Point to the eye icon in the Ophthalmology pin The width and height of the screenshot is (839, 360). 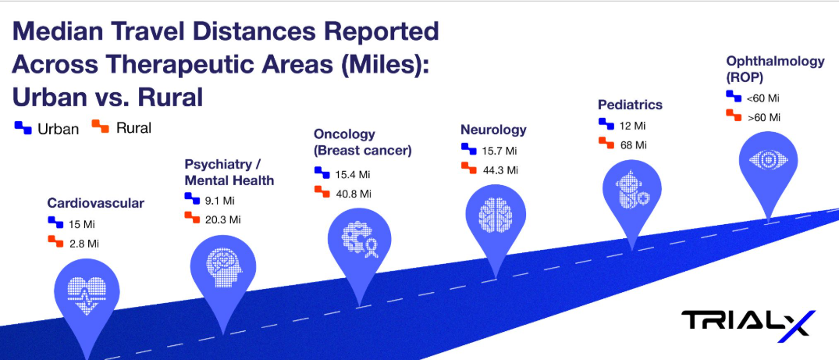tap(769, 159)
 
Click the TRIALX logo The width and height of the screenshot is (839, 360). tap(748, 323)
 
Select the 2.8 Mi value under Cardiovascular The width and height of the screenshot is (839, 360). tap(84, 244)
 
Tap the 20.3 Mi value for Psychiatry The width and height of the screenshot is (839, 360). tap(223, 219)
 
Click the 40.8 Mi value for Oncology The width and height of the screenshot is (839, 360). tap(353, 194)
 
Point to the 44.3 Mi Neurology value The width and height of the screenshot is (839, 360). tap(499, 171)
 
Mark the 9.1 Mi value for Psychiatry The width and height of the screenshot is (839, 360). tap(220, 201)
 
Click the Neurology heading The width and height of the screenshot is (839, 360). tap(493, 130)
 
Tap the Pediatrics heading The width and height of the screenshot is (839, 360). tap(631, 104)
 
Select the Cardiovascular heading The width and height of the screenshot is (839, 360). tap(96, 203)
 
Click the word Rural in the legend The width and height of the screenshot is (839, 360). tap(133, 128)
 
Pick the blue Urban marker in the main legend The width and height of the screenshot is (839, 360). tap(23, 127)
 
